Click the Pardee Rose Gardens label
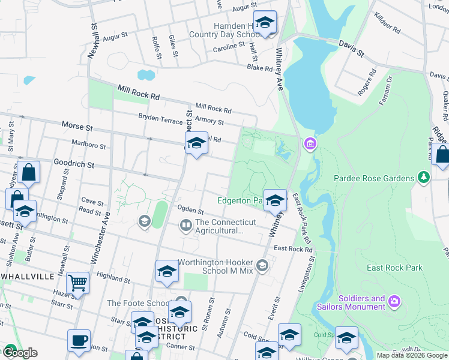click(375, 178)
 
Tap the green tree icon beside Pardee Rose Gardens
click(424, 178)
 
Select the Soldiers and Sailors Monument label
click(361, 302)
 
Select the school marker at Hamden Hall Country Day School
click(265, 22)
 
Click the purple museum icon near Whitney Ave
click(310, 144)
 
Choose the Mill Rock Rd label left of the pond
click(138, 92)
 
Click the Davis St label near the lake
click(351, 49)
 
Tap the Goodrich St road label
click(74, 164)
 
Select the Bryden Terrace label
click(160, 119)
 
